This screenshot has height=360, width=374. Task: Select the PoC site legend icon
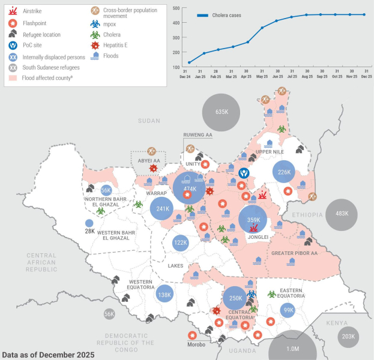click(x=13, y=45)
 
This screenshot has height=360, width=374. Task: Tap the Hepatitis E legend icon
click(x=95, y=46)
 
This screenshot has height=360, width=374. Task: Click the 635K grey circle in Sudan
click(x=221, y=112)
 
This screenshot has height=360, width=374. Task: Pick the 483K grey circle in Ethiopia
click(x=342, y=214)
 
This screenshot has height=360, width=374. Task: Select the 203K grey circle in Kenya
click(x=349, y=337)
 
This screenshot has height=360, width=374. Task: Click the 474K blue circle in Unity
click(x=190, y=188)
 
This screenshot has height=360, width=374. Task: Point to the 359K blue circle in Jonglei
click(x=253, y=220)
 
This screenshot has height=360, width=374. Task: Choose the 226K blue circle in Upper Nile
click(x=284, y=172)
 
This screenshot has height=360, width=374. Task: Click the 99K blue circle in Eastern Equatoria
click(x=289, y=310)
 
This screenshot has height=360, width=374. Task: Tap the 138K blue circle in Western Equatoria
click(x=164, y=295)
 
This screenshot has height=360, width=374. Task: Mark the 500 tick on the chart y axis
click(x=176, y=8)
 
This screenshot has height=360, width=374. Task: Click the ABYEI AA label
click(x=148, y=161)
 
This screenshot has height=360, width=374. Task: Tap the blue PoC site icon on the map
click(x=243, y=173)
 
